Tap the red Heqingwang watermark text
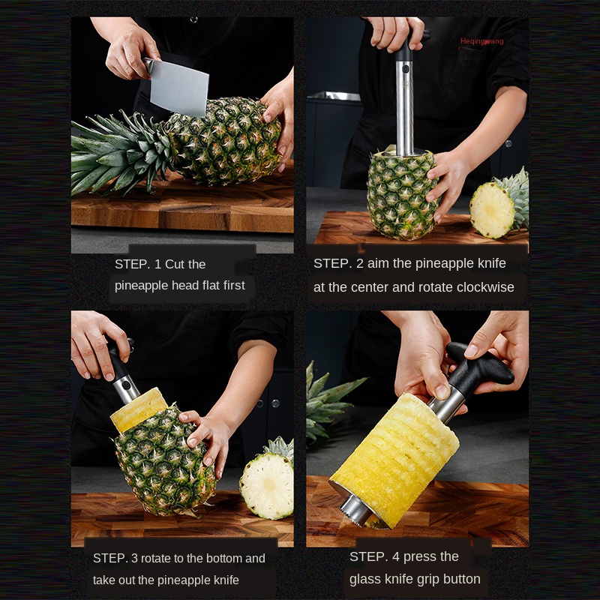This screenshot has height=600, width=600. point(481,41)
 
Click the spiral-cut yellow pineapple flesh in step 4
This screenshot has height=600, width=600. point(395,459)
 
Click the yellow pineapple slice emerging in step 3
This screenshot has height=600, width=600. point(139,409)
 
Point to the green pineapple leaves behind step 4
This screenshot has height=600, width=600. point(327,403)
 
